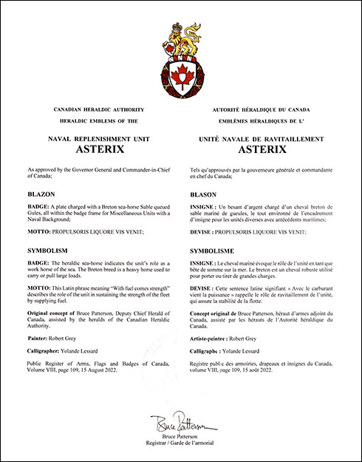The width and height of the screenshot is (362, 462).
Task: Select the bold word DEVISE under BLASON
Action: click(x=202, y=231)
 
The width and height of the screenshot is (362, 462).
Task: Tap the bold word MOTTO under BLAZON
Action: click(x=37, y=231)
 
